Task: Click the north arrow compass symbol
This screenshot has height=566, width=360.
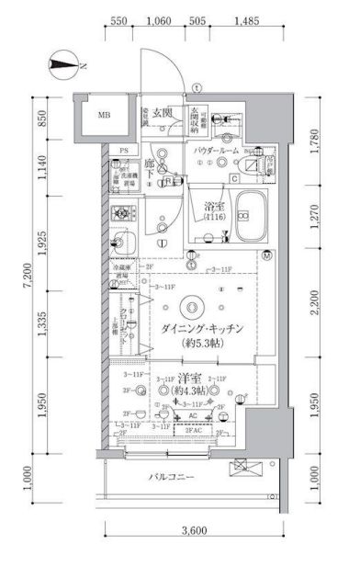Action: point(65,65)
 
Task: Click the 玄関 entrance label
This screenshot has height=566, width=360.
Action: point(163,112)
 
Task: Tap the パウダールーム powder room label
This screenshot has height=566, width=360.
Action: point(217,150)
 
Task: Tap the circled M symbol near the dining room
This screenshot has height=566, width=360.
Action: point(266,255)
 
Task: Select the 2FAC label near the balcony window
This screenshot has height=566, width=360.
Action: point(194,430)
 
